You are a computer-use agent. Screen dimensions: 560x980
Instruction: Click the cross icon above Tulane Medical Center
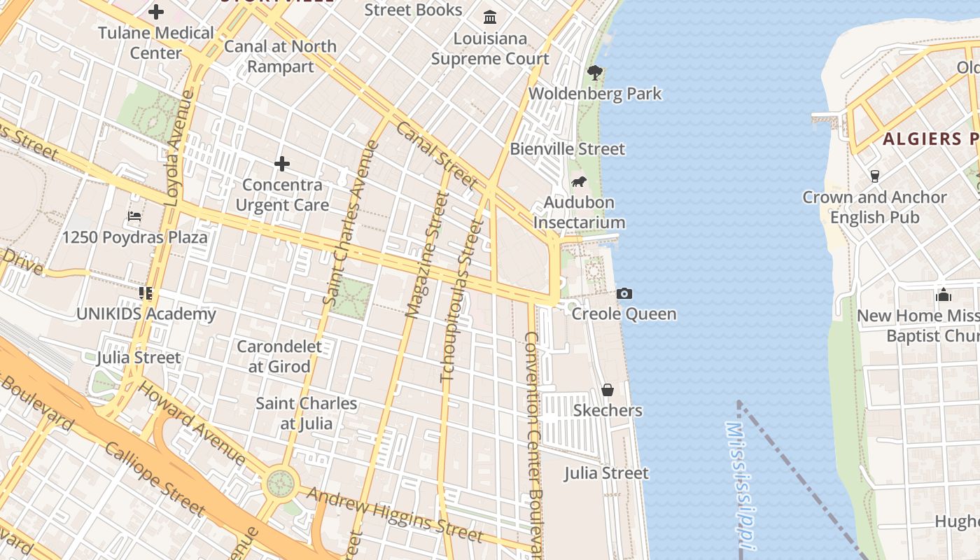tap(156, 12)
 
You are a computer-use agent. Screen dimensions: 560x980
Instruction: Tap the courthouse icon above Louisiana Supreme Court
tap(490, 17)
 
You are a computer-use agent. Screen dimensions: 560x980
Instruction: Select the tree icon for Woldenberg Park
tap(595, 71)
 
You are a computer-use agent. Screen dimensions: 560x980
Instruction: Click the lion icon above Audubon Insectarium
tap(579, 182)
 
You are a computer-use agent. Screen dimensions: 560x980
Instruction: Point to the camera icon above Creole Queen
tap(624, 294)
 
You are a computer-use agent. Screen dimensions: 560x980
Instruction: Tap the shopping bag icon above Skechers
tap(608, 390)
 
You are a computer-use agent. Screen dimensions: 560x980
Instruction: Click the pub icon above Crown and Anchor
tap(874, 176)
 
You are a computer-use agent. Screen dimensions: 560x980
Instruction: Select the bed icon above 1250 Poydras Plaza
tap(134, 216)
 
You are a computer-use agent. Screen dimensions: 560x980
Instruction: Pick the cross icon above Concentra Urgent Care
tap(282, 164)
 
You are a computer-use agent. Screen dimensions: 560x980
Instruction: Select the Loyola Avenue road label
tap(179, 148)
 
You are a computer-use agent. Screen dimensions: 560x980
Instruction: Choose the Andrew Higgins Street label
tap(395, 514)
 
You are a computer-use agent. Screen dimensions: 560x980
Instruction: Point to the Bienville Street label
tap(567, 149)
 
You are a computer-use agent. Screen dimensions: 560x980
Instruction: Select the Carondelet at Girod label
tap(279, 356)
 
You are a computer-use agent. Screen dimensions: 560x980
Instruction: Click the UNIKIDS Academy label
tap(146, 314)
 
